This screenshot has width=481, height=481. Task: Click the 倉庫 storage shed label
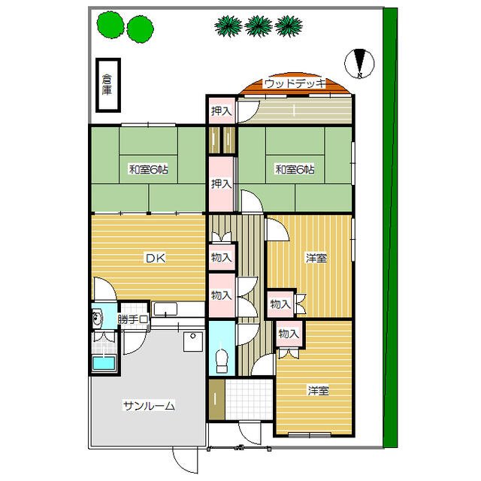[107, 85]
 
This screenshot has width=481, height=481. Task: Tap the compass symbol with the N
[359, 64]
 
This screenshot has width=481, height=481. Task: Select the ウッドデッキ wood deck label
[295, 83]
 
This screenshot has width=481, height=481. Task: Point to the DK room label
[156, 258]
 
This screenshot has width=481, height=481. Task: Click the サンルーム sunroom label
[149, 406]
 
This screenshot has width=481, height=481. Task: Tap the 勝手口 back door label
[133, 319]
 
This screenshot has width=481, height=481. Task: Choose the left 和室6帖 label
[149, 169]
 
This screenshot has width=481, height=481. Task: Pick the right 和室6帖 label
[295, 169]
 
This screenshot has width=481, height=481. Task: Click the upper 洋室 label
[316, 258]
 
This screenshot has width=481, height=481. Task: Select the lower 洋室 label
[319, 391]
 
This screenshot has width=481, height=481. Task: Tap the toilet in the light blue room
[222, 361]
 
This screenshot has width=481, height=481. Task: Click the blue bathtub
[104, 363]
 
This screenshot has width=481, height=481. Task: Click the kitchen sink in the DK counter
[165, 309]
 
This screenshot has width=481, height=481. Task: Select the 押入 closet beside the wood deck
[221, 110]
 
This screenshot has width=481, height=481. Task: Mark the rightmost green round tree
[141, 29]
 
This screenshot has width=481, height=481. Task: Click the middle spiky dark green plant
[259, 26]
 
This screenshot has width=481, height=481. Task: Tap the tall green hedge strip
[390, 228]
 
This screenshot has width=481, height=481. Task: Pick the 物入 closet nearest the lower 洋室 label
[289, 334]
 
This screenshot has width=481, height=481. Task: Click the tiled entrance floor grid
[249, 399]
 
